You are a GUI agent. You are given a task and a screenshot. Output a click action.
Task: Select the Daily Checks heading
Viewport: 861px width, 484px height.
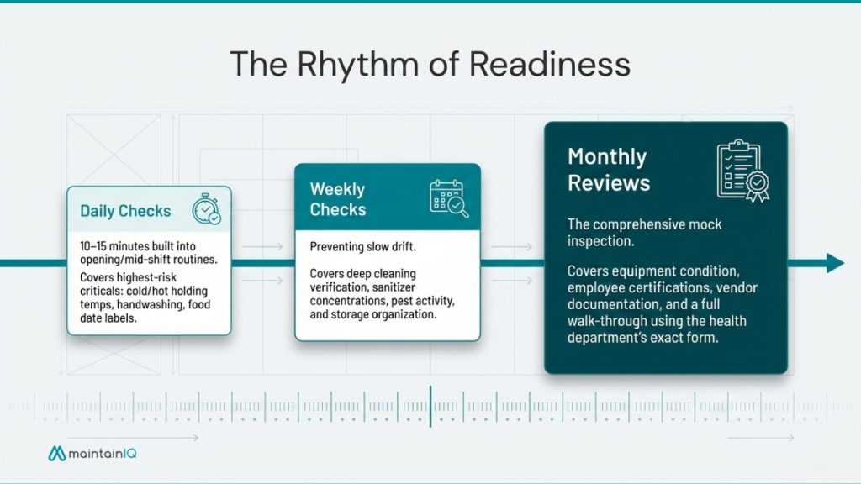coord(125,211)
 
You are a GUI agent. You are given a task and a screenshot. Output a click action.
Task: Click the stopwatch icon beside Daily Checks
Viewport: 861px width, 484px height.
coord(206,210)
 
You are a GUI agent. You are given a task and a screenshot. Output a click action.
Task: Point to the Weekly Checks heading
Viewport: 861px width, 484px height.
coord(337,199)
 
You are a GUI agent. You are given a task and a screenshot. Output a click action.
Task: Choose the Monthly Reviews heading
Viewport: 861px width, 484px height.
coord(609,170)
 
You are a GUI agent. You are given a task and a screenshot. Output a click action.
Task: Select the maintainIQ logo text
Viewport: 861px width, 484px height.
coord(104,454)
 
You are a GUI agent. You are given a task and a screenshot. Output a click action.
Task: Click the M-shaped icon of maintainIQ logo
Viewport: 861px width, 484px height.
coord(57,454)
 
